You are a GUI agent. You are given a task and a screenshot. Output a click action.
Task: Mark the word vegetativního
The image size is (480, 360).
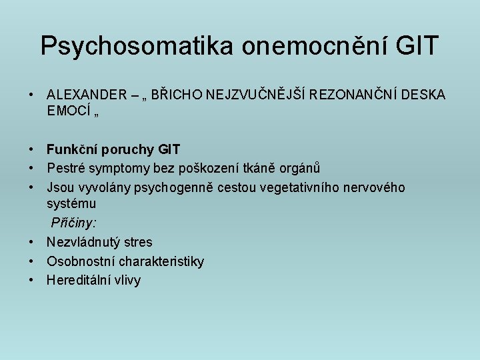[x=297, y=188]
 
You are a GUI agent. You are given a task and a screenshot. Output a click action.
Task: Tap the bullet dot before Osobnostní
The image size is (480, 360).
[x=31, y=261]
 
